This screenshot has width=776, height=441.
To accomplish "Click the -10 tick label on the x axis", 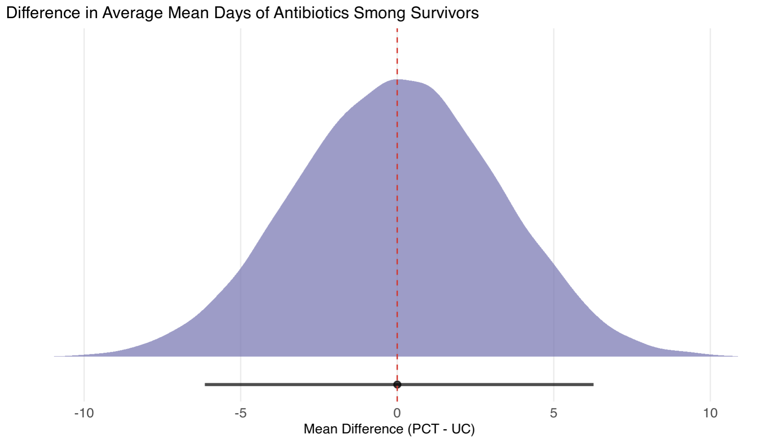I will [x=84, y=413].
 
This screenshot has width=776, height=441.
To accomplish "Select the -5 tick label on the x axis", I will [x=240, y=413].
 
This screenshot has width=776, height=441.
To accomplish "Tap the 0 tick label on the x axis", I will [x=397, y=413].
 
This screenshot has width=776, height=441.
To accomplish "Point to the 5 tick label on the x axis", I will [x=553, y=413].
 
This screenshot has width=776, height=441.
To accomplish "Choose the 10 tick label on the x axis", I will [x=710, y=413].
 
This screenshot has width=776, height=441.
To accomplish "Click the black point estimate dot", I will [x=397, y=385].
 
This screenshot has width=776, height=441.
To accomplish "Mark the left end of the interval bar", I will [x=206, y=385].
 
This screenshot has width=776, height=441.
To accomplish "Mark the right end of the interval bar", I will [x=593, y=385].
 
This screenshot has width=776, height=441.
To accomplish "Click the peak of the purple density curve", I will [x=397, y=80].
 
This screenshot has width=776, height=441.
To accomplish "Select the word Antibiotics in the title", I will [x=311, y=13].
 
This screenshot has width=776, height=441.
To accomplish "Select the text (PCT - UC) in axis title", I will [x=441, y=429].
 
